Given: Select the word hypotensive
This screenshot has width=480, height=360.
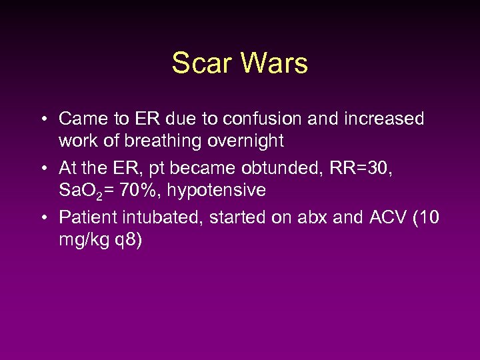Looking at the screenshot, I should (x=217, y=191).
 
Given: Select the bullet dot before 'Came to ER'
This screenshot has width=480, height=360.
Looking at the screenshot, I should (x=43, y=120).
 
